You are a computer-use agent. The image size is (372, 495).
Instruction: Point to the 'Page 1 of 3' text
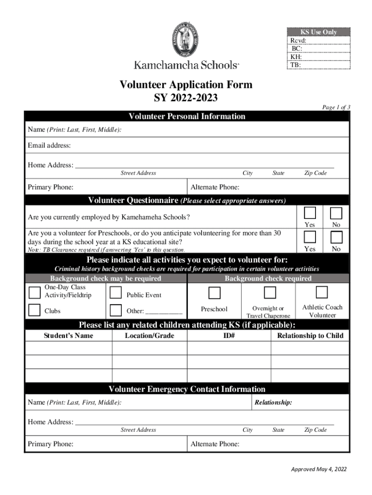click(x=336, y=107)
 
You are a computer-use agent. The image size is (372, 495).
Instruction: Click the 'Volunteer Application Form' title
click(x=186, y=85)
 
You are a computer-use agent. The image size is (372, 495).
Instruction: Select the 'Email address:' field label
click(x=49, y=146)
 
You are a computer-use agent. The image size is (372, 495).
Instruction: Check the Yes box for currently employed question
click(x=310, y=213)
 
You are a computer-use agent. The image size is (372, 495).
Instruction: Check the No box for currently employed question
click(x=336, y=213)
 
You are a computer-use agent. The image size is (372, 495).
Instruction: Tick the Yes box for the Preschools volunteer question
click(x=310, y=237)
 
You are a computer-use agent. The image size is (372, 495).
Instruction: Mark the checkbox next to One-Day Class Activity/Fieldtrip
click(x=34, y=292)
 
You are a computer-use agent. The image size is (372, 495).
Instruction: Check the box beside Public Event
click(x=115, y=292)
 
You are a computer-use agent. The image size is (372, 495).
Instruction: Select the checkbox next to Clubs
click(x=34, y=310)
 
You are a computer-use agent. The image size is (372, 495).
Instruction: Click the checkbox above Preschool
click(x=215, y=292)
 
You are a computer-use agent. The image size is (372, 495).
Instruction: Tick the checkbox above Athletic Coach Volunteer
click(x=322, y=292)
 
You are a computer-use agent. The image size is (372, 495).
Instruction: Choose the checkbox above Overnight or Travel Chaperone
click(x=270, y=292)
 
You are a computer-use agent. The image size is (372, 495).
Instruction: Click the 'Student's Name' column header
click(x=69, y=335)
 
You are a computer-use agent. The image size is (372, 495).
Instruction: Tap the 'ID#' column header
click(x=229, y=335)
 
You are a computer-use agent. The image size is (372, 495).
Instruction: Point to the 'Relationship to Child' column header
click(x=310, y=335)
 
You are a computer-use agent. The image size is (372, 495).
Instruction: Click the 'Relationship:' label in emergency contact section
click(x=273, y=402)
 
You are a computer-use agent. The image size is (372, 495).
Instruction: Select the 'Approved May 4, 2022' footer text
click(x=318, y=469)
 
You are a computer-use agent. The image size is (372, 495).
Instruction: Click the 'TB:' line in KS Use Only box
click(x=296, y=64)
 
